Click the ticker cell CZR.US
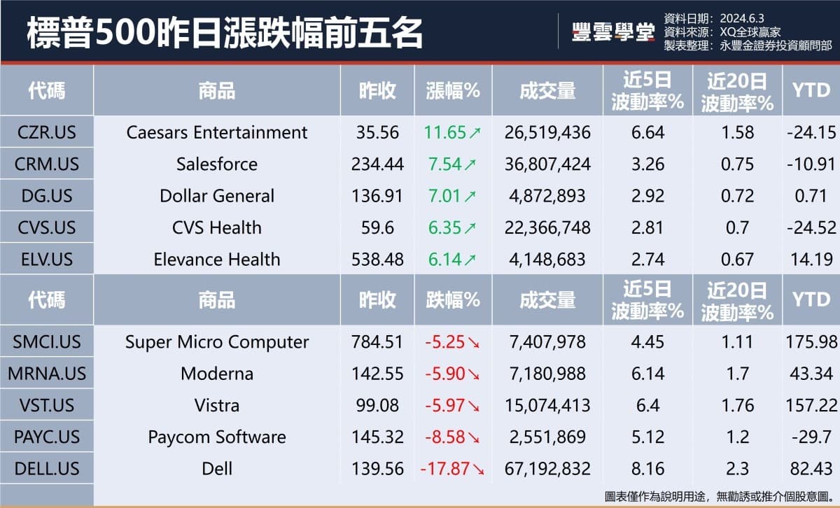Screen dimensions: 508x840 pos(46,132)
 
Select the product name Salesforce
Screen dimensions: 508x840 pos(217,164)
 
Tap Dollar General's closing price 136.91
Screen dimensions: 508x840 pos(377,196)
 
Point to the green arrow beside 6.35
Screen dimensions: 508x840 pos(470,228)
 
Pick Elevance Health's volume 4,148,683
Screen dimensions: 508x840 pos(547,260)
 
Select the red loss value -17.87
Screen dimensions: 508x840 pos(444,469)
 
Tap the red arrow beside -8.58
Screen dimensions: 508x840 pos(474,437)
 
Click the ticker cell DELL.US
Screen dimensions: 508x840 pos(46,469)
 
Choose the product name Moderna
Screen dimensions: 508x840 pos(217,374)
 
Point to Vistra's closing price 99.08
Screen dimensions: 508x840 pos(377,406)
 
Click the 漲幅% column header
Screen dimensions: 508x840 pos(452,90)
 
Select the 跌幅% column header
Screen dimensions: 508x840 pos(452,299)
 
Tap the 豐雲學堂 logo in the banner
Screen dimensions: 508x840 pos(613,32)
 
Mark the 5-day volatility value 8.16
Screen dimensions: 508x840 pos(647,469)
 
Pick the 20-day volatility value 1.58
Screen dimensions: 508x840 pos(737,132)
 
